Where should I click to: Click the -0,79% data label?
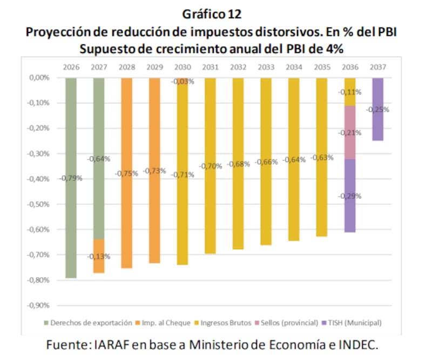coord(71,178)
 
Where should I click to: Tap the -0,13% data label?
coord(99,256)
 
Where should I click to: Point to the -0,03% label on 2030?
coord(183,82)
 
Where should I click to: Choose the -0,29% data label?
coord(349,196)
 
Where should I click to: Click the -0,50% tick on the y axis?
coord(39,204)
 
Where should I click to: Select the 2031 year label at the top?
coord(211,67)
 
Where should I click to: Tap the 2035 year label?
coord(322,67)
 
